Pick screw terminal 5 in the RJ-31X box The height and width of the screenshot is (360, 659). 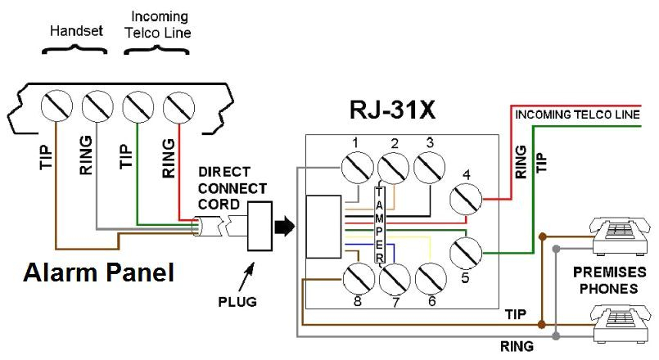coord(467,253)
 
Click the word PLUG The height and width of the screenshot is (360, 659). coord(238,302)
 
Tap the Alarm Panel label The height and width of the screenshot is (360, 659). coord(97,272)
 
